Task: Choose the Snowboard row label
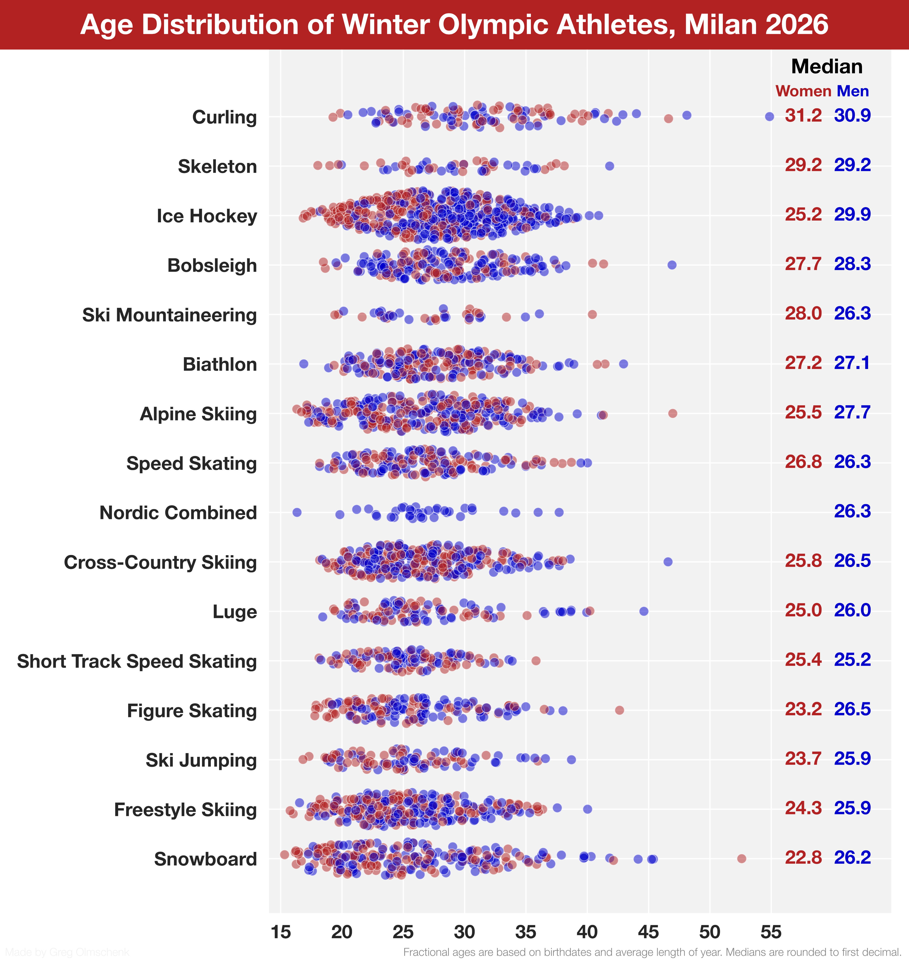[205, 859]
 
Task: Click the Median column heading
[827, 66]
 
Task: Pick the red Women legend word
[803, 91]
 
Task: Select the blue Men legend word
[853, 91]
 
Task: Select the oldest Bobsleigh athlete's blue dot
[672, 265]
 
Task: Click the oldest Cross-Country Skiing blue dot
[668, 562]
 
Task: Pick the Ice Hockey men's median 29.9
[852, 214]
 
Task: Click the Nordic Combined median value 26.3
[852, 512]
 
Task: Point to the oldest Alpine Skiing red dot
[672, 413]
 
